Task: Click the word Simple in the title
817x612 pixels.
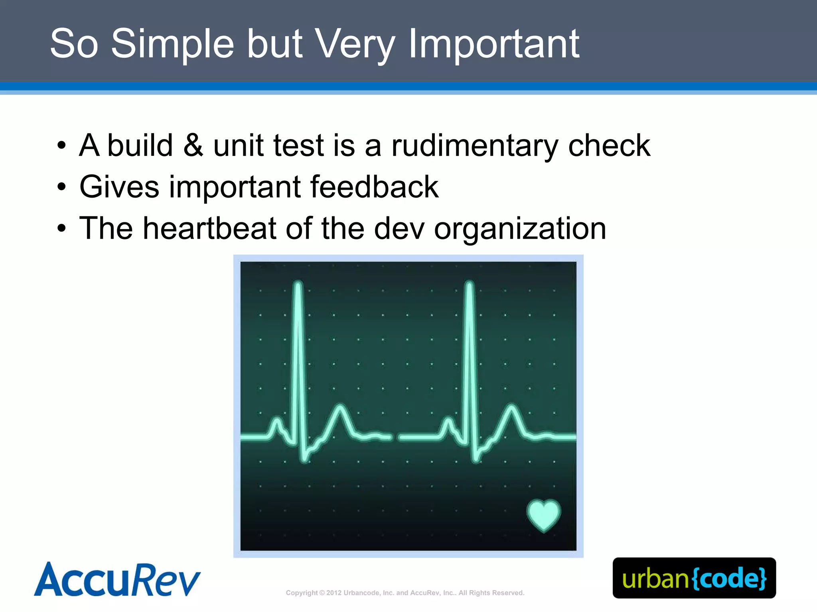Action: coord(172,44)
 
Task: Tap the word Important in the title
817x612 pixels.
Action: coord(494,44)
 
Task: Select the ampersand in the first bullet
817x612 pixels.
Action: coord(193,145)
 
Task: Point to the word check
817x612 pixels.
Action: coord(609,145)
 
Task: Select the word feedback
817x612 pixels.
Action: coord(374,187)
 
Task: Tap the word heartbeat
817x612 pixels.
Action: coord(209,228)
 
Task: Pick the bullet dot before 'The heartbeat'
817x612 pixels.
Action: coord(61,229)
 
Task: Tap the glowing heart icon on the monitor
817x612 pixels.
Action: coord(543,515)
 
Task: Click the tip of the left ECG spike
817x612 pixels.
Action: coord(298,284)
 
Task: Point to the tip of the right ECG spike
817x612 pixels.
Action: coord(470,284)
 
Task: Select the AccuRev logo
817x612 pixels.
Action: coord(117,580)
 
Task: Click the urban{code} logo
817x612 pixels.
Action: coord(694,578)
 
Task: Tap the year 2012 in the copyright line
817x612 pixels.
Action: coord(334,593)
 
